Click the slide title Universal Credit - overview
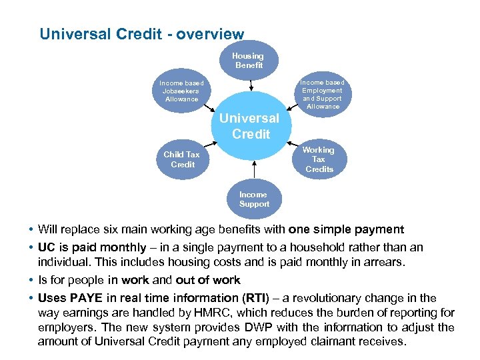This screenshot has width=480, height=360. click(x=142, y=33)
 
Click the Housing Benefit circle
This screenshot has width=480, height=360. click(x=248, y=61)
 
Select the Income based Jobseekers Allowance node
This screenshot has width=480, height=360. click(x=181, y=91)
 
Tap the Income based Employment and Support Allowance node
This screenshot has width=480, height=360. click(x=322, y=94)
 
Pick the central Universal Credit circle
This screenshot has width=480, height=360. click(x=249, y=126)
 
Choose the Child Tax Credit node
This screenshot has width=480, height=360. click(x=182, y=159)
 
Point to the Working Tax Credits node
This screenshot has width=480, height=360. click(x=319, y=159)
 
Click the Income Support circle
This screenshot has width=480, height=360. click(x=254, y=199)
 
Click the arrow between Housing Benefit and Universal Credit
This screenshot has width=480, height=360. click(x=250, y=84)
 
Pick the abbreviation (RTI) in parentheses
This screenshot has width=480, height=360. click(x=257, y=298)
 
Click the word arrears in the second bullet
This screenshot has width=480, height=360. click(x=382, y=262)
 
